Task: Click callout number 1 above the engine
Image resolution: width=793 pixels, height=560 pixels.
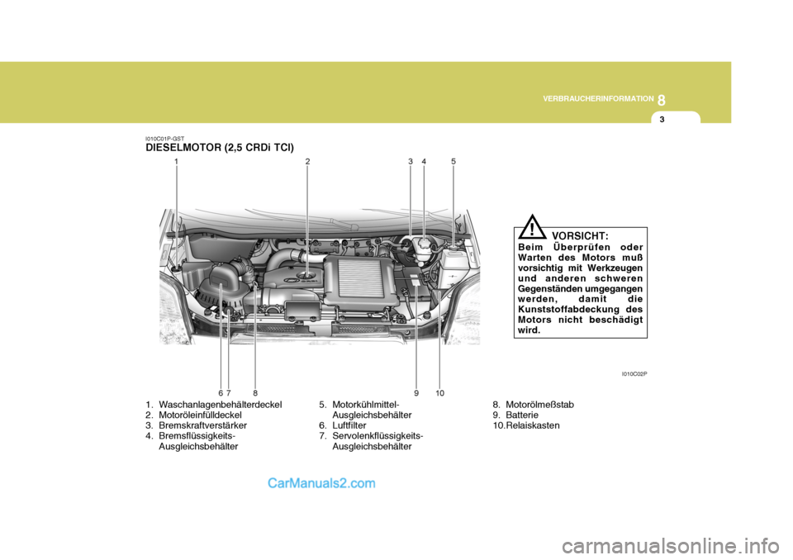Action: pyautogui.click(x=177, y=162)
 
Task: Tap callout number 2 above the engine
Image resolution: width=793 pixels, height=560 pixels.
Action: pyautogui.click(x=307, y=162)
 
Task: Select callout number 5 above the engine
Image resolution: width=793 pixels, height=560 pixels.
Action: pyautogui.click(x=453, y=162)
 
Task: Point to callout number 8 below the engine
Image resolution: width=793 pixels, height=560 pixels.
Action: pyautogui.click(x=255, y=393)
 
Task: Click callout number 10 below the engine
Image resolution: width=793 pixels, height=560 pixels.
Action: pyautogui.click(x=440, y=393)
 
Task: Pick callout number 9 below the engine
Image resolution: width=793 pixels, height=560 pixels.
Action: pyautogui.click(x=416, y=393)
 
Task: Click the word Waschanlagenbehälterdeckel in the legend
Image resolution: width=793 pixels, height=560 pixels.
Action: pyautogui.click(x=221, y=405)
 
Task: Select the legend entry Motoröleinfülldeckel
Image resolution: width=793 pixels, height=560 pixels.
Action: pyautogui.click(x=200, y=415)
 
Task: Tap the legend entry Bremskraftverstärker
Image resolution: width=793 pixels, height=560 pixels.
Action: pyautogui.click(x=203, y=425)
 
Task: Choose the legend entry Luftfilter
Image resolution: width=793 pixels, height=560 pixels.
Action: pyautogui.click(x=349, y=425)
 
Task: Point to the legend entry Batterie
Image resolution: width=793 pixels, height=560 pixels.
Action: pyautogui.click(x=522, y=415)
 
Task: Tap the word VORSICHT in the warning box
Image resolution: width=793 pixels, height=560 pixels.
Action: pyautogui.click(x=580, y=236)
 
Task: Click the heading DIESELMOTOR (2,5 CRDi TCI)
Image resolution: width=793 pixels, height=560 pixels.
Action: pyautogui.click(x=220, y=148)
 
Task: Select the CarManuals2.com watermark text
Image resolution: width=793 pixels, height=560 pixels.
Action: pyautogui.click(x=321, y=483)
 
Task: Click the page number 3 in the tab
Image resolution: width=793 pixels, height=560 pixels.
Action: pyautogui.click(x=662, y=120)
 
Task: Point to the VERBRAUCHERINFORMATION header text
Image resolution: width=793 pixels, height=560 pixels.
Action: pyautogui.click(x=598, y=98)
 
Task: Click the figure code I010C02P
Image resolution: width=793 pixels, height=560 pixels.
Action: pyautogui.click(x=634, y=374)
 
